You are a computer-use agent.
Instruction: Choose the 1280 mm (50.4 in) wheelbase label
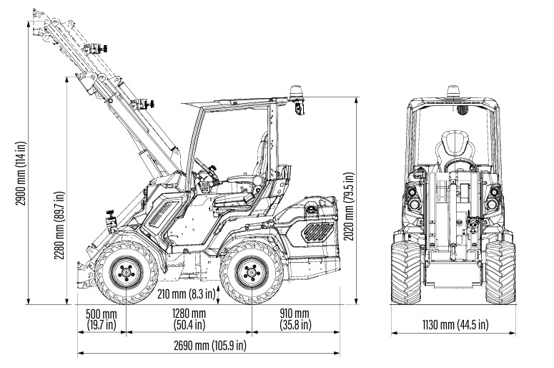(189, 319)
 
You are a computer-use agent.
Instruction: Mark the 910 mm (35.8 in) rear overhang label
(295, 319)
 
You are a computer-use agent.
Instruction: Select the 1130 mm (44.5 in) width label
(453, 325)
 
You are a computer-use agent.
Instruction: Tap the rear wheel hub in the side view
(251, 273)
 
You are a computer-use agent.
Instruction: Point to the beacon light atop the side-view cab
(295, 92)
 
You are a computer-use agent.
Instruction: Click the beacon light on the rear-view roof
(452, 92)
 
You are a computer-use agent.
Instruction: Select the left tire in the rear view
(406, 273)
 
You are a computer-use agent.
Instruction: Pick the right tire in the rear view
(500, 273)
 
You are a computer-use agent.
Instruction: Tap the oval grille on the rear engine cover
(318, 232)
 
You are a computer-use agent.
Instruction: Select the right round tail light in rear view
(494, 197)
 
